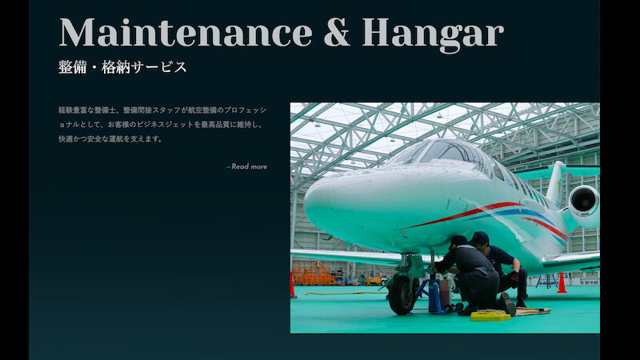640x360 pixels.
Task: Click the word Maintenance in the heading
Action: point(186,33)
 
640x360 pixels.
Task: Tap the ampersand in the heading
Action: point(337,32)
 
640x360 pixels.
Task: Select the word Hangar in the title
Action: point(433,35)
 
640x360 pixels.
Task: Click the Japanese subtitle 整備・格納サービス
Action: point(122,67)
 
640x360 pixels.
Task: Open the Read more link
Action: point(247,166)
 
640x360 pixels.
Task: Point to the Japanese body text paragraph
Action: point(162,125)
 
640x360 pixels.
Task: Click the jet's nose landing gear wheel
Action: point(402,294)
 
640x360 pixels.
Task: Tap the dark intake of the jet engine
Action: point(584,201)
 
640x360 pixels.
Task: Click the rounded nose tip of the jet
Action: point(311,201)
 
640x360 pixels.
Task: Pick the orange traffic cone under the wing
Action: point(562,283)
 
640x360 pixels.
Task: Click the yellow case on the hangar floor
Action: point(490,315)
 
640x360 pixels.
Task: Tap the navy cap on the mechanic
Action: point(479,237)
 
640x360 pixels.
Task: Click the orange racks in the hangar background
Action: point(312,274)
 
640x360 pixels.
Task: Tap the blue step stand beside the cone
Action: point(546,282)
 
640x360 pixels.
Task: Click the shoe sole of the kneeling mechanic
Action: point(508,304)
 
